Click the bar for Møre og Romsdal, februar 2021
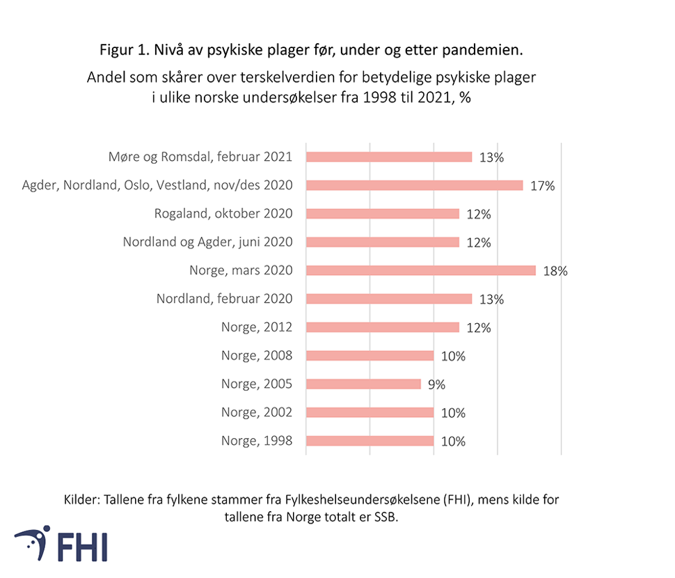click(388, 157)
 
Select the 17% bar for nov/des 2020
click(414, 185)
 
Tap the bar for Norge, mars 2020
click(420, 270)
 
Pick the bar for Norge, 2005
click(363, 384)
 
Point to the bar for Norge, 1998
click(370, 441)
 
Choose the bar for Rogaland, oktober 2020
click(382, 214)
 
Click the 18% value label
click(555, 271)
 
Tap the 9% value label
click(436, 384)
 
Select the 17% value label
click(542, 186)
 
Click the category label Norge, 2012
click(257, 327)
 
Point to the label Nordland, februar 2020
click(224, 299)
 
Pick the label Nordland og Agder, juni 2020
click(207, 242)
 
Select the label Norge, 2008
click(257, 356)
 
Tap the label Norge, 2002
click(257, 412)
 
